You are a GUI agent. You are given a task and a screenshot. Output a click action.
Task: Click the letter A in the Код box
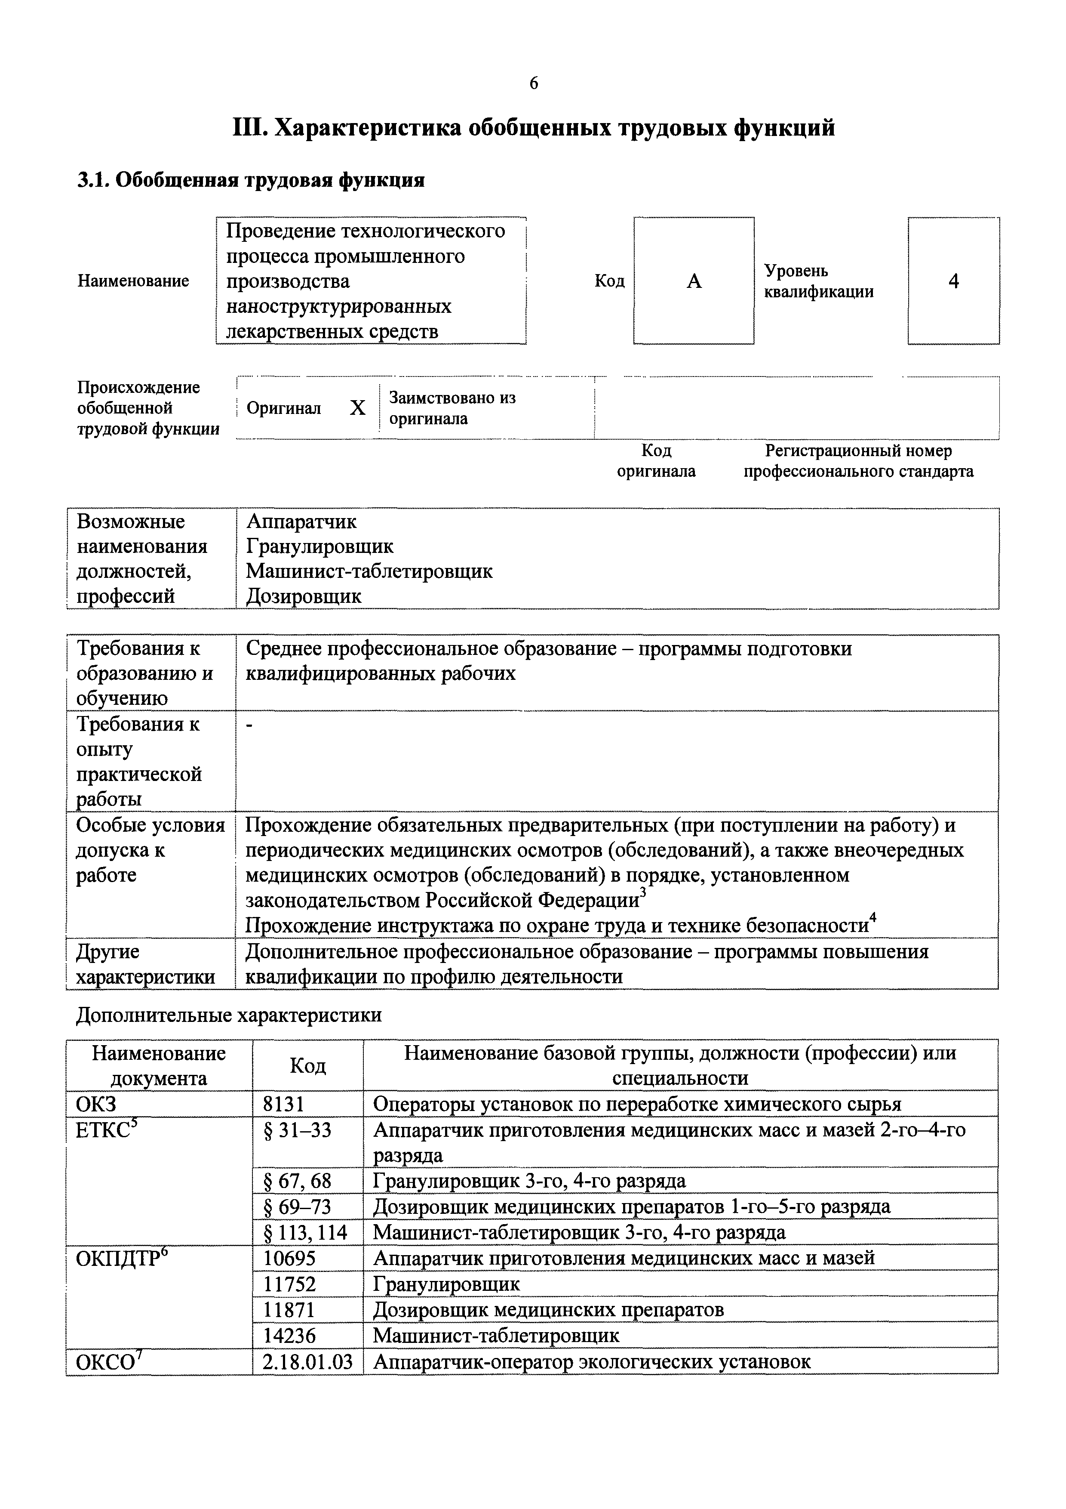click(x=694, y=281)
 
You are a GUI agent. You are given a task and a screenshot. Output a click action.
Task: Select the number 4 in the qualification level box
click(x=954, y=281)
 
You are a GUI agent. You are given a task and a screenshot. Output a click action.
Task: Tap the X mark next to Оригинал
click(x=357, y=408)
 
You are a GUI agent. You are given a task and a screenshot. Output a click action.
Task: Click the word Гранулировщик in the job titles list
click(x=320, y=546)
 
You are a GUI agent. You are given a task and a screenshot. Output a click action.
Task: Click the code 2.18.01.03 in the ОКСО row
click(x=307, y=1361)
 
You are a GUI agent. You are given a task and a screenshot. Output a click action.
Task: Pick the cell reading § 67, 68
click(x=297, y=1181)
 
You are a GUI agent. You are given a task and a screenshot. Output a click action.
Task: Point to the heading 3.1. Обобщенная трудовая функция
click(x=251, y=179)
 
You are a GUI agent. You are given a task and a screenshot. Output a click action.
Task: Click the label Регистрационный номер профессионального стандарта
click(x=858, y=461)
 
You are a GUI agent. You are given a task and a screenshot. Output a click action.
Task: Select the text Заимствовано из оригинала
click(x=452, y=408)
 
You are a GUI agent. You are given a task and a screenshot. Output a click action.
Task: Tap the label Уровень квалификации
click(x=818, y=281)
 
